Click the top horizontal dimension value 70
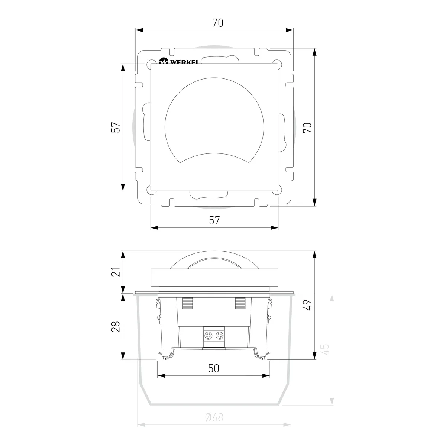[218, 23]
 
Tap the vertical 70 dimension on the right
[307, 127]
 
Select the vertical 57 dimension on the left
[116, 127]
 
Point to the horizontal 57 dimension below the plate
[214, 220]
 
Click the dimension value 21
[116, 271]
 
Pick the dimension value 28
[116, 327]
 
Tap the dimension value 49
[307, 305]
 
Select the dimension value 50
[214, 368]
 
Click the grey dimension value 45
[326, 349]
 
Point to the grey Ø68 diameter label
[214, 417]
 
